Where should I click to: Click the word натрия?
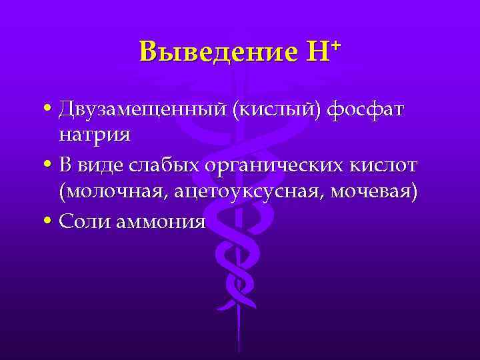click(x=94, y=135)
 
